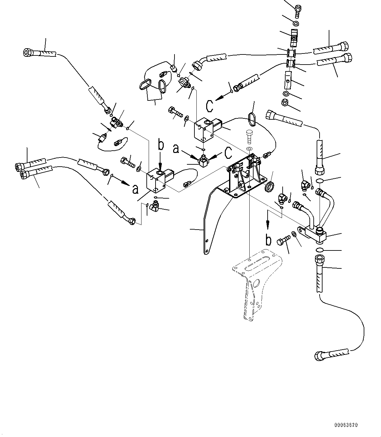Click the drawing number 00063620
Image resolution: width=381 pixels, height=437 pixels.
(x=346, y=425)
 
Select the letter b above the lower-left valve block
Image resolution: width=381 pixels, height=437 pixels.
(x=160, y=145)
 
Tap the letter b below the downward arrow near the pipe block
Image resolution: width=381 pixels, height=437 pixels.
(x=268, y=240)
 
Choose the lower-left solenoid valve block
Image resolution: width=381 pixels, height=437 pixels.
(x=156, y=180)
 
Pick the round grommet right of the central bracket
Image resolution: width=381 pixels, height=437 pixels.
(x=269, y=188)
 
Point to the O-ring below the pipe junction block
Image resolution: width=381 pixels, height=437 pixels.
(x=320, y=250)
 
